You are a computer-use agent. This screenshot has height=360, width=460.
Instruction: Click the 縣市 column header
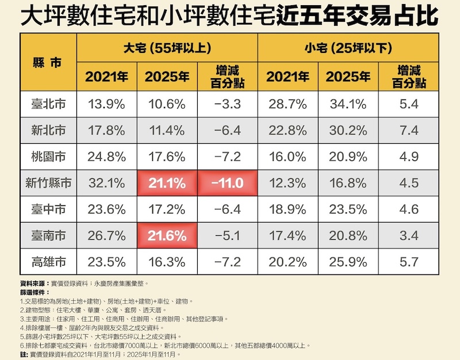tap(49, 63)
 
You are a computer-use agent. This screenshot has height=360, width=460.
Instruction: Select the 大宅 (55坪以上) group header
tap(167, 48)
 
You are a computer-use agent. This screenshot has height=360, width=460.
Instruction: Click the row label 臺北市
tap(49, 104)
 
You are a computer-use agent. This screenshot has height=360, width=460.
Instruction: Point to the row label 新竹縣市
tap(49, 183)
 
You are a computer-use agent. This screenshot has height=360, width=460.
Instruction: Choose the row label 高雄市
tap(49, 262)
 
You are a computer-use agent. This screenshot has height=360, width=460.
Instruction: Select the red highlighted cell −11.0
tap(227, 183)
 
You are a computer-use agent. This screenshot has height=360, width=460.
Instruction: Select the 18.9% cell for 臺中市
tap(287, 209)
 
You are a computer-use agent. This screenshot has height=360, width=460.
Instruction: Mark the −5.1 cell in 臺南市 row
tap(227, 236)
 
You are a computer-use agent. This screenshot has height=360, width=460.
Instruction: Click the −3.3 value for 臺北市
tap(227, 104)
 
